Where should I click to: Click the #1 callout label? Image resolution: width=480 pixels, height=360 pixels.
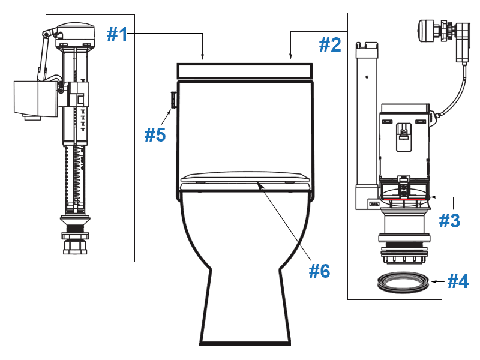[x=117, y=35]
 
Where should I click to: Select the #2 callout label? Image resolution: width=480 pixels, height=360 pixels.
[x=329, y=45]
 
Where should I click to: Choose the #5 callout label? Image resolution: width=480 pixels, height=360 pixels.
[x=155, y=134]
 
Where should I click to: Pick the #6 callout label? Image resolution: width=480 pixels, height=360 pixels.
[x=319, y=271]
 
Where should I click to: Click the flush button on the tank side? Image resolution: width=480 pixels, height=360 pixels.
[x=173, y=100]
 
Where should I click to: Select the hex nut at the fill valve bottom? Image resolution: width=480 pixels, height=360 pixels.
[x=76, y=245]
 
